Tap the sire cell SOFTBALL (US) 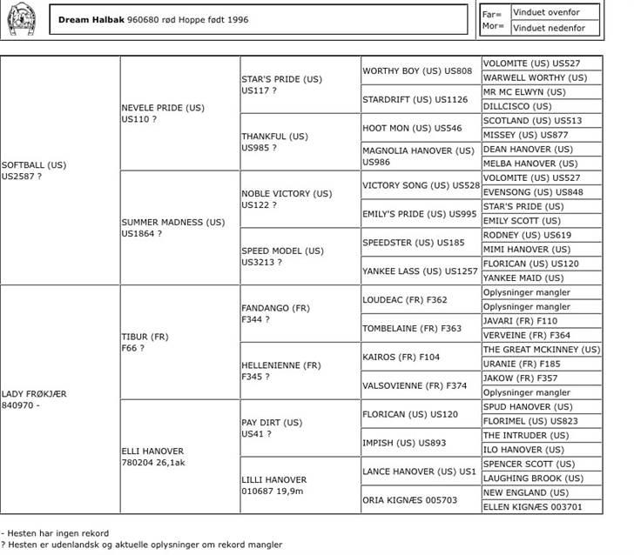pyautogui.click(x=34, y=171)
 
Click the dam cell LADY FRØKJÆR pyautogui.click(x=35, y=399)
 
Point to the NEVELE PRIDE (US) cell pyautogui.click(x=163, y=113)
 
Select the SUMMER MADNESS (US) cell pyautogui.click(x=173, y=228)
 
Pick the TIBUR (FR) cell pyautogui.click(x=145, y=342)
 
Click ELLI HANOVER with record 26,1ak pyautogui.click(x=153, y=457)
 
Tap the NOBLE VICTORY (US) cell pyautogui.click(x=287, y=199)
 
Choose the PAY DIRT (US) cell pyautogui.click(x=273, y=428)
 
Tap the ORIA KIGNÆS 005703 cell pyautogui.click(x=410, y=500)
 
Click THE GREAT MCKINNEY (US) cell pyautogui.click(x=542, y=350)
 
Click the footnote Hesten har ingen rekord pyautogui.click(x=59, y=532)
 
